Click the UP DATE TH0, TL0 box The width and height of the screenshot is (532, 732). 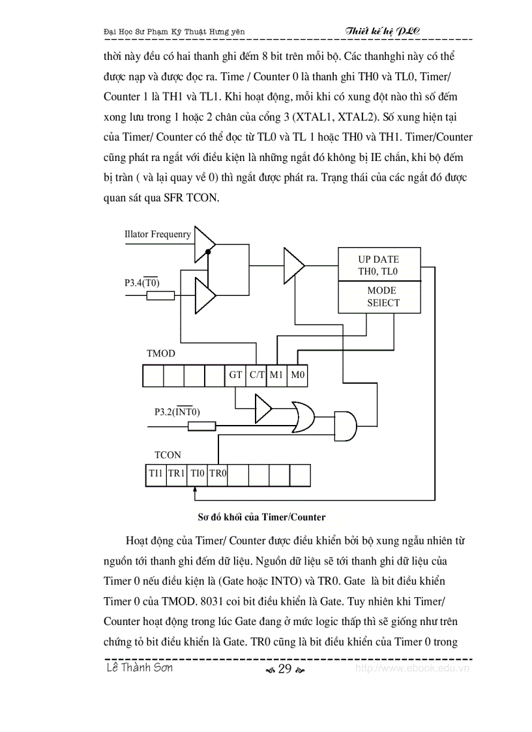pos(378,265)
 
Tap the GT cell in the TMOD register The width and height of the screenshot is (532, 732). pos(235,375)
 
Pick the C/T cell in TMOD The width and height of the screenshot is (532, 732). pos(257,375)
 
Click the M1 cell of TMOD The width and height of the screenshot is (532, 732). pos(277,375)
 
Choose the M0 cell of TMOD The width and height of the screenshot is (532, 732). pos(297,375)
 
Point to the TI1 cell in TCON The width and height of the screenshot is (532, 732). pos(155,474)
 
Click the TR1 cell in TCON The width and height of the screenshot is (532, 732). pos(176,474)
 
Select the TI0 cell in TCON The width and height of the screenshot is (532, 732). pos(197,474)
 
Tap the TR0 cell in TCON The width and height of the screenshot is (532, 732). pos(217,474)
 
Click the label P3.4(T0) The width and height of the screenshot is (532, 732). pos(142,283)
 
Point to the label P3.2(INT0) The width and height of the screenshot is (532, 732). pos(177,412)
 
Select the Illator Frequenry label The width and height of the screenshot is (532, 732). pos(158,234)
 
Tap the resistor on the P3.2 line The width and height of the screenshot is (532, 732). pos(201,426)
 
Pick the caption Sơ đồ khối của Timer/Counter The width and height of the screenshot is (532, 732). pos(261,517)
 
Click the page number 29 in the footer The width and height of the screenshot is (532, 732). pos(284,669)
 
